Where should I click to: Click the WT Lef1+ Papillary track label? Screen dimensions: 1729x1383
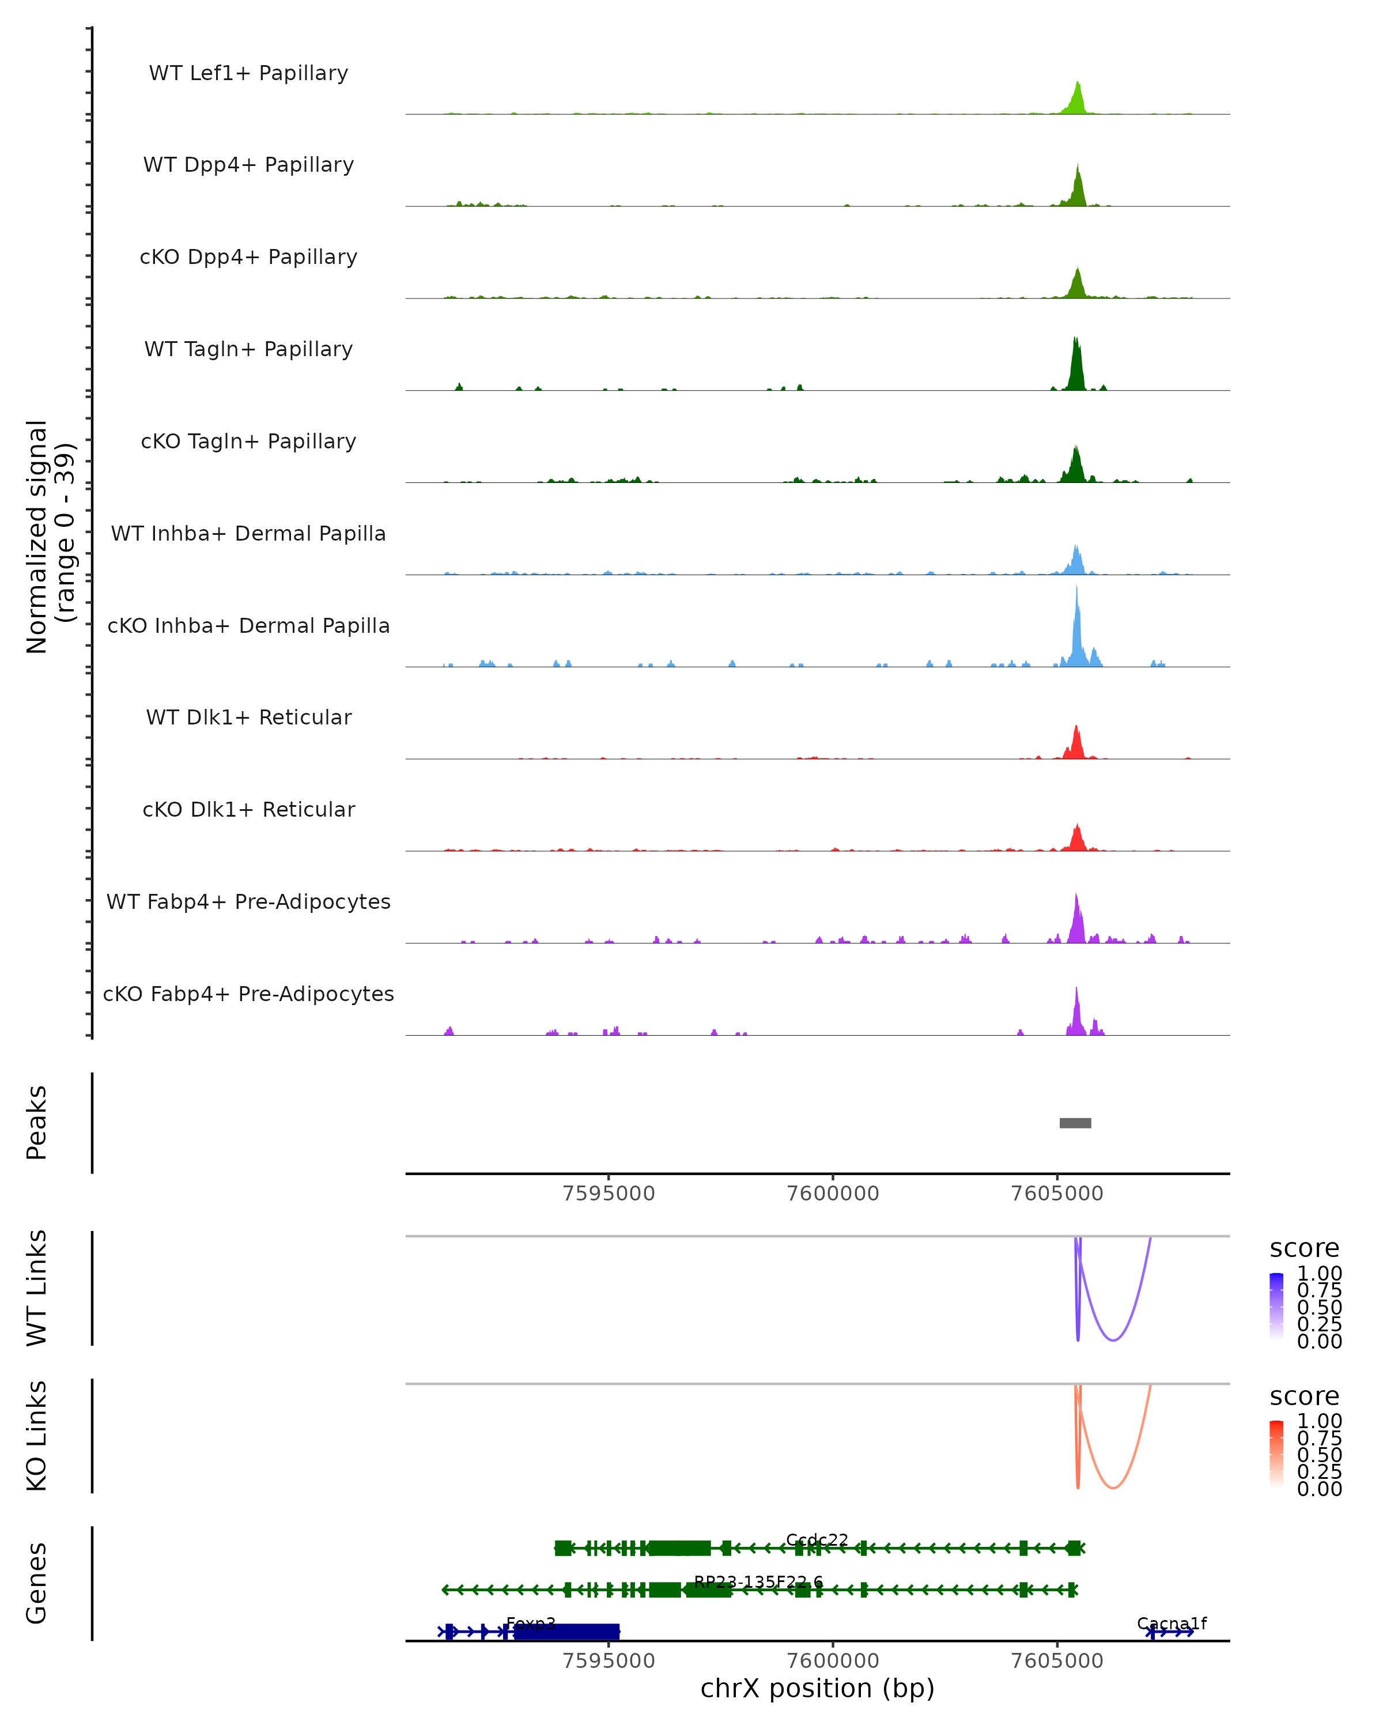coord(248,73)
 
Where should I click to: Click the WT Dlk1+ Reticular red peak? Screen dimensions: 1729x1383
coord(1076,744)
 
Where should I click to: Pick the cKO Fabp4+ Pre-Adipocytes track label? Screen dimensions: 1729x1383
coord(248,994)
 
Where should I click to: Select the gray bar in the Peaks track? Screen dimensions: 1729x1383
coord(1075,1123)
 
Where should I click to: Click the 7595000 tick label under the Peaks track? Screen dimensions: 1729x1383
coord(609,1194)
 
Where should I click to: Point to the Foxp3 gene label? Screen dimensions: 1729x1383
coord(531,1624)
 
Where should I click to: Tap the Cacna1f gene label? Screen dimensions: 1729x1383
coord(1172,1624)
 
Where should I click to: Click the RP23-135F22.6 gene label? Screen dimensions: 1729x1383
coord(758,1581)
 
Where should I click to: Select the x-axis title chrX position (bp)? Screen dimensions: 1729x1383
coord(817,1688)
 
